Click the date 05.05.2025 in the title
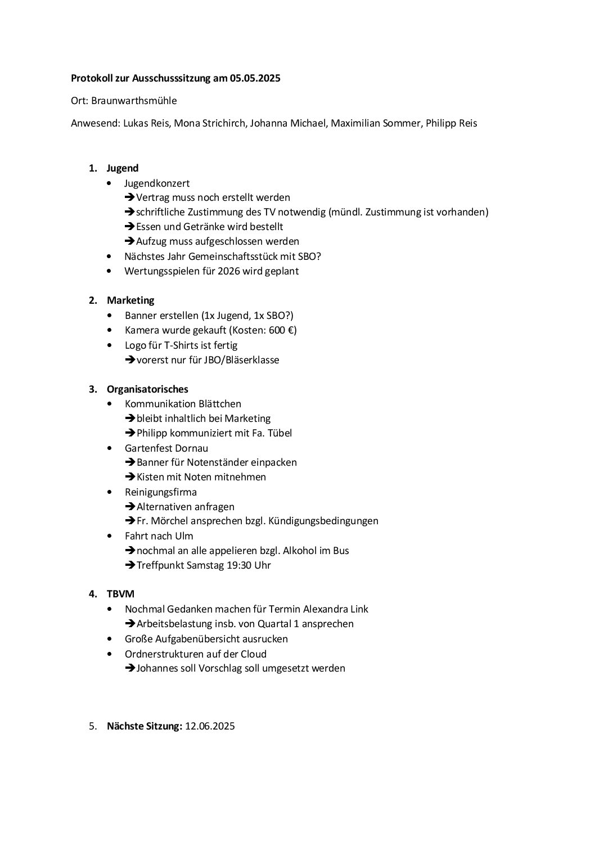point(255,79)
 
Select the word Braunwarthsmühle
point(134,101)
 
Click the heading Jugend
point(123,168)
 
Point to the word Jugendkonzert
point(157,183)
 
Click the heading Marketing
point(130,300)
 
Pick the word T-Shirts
point(184,345)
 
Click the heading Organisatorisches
point(147,389)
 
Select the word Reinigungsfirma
point(161,492)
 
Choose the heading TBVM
point(120,594)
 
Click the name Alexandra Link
point(336,609)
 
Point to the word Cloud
point(254,654)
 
